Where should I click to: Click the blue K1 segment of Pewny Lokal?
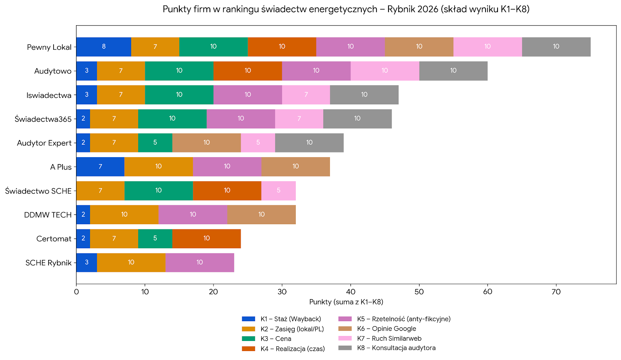click(x=104, y=47)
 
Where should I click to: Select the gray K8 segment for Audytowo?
click(x=453, y=71)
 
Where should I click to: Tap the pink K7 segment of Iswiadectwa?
click(x=306, y=95)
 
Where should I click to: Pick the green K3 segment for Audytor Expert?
click(x=155, y=143)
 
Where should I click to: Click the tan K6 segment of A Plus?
click(x=295, y=167)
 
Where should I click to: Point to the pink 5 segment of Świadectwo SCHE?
click(x=278, y=190)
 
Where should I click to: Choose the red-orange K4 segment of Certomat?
click(x=206, y=239)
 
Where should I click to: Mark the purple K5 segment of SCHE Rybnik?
click(x=199, y=263)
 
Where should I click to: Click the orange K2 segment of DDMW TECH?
click(x=124, y=215)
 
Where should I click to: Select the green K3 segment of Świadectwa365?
click(x=172, y=119)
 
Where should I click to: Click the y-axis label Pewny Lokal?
click(x=49, y=47)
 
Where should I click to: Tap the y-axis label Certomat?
click(x=54, y=239)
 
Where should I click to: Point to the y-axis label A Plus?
click(x=61, y=167)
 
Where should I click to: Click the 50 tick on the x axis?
click(x=419, y=292)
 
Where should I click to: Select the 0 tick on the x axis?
click(x=76, y=292)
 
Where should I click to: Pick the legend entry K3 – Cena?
click(x=276, y=339)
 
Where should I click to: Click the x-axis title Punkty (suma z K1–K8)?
click(x=346, y=302)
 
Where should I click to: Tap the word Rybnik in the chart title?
click(x=400, y=9)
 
